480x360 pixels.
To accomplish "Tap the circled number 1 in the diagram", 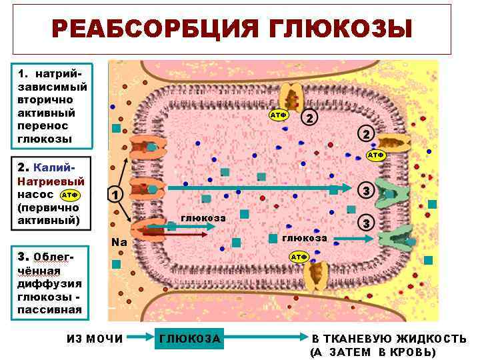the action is coord(115,195).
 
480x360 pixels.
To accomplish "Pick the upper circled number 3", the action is coord(366,191).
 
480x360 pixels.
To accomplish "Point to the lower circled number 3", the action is coord(366,222).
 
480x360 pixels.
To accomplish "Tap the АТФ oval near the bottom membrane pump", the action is coord(298,257).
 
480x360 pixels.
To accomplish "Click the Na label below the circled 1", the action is coord(119,242).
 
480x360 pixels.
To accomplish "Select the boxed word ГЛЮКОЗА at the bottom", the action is coord(190,339).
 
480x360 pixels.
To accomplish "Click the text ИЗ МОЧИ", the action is coord(95,339).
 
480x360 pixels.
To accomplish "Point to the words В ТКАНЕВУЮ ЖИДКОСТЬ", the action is coord(389,339).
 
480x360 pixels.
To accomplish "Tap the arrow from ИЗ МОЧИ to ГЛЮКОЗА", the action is coord(140,339).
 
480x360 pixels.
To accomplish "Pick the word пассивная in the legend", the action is coord(50,309).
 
